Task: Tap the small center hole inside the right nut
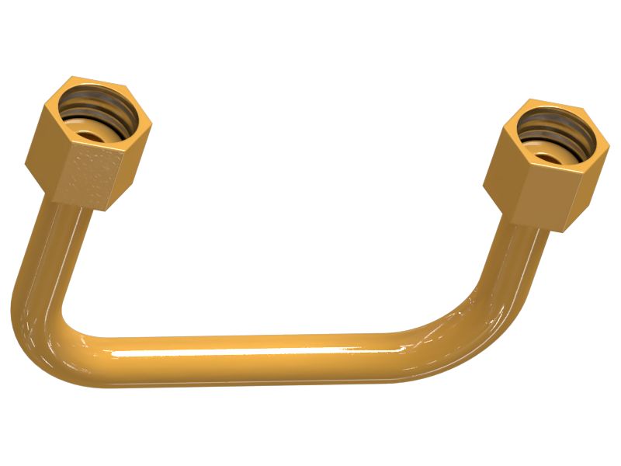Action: pos(550,158)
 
